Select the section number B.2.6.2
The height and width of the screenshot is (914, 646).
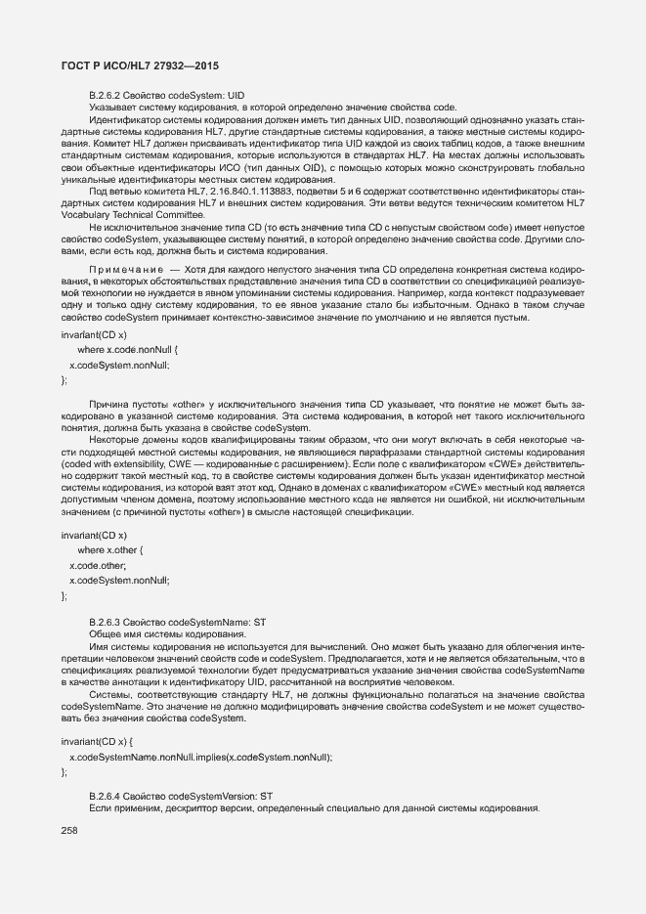tap(107, 95)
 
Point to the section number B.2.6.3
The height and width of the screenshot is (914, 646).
tap(107, 622)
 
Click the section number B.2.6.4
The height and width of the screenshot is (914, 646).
tap(107, 797)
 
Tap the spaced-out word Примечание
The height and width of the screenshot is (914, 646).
tap(123, 267)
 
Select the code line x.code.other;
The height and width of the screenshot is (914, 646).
tap(98, 566)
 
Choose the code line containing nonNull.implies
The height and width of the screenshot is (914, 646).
tap(201, 758)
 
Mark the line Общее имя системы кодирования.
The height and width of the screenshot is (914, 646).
tap(152, 634)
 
